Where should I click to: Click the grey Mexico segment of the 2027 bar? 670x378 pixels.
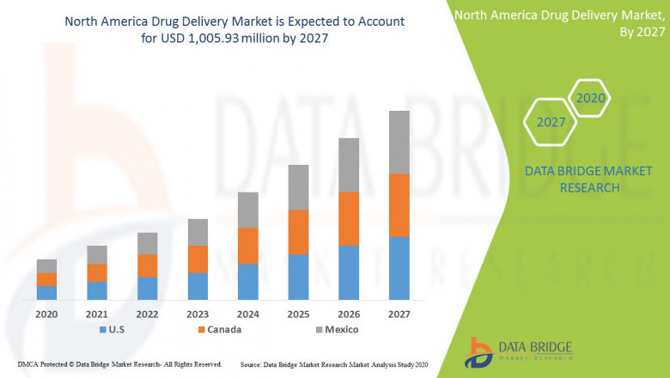click(x=399, y=142)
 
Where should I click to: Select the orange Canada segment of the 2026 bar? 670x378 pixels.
click(x=348, y=218)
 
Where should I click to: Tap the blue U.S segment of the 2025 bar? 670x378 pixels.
click(x=297, y=277)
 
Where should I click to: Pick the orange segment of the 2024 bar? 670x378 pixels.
click(x=247, y=246)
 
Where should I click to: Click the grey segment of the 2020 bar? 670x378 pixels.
click(x=46, y=265)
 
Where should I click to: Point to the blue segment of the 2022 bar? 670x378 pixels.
click(x=147, y=288)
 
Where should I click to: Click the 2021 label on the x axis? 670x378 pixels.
click(x=97, y=314)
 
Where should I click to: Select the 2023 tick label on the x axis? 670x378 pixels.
click(x=198, y=314)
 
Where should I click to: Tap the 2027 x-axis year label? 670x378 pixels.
click(x=399, y=314)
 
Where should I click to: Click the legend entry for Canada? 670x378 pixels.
click(x=218, y=329)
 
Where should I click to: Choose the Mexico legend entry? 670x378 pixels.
click(x=334, y=329)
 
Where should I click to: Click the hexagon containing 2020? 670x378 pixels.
click(x=590, y=98)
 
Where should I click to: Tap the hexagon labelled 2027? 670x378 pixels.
click(x=551, y=122)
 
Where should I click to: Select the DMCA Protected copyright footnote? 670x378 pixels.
click(x=119, y=364)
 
